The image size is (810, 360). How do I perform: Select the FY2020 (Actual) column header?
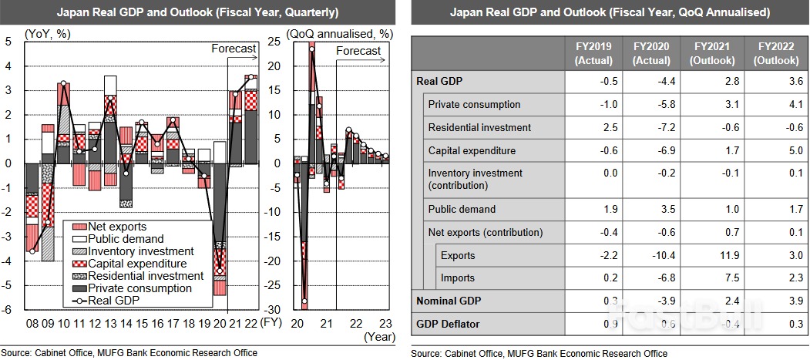(x=651, y=53)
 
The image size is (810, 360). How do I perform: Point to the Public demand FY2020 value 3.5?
(x=651, y=209)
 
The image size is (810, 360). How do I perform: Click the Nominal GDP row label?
(x=445, y=301)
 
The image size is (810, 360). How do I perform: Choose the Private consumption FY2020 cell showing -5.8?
(x=651, y=104)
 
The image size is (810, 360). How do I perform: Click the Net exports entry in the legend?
(x=118, y=227)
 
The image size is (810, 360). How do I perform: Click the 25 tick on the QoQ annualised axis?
(x=273, y=42)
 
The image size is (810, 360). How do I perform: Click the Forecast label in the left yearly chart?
(x=234, y=49)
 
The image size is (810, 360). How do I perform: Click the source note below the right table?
(x=539, y=353)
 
